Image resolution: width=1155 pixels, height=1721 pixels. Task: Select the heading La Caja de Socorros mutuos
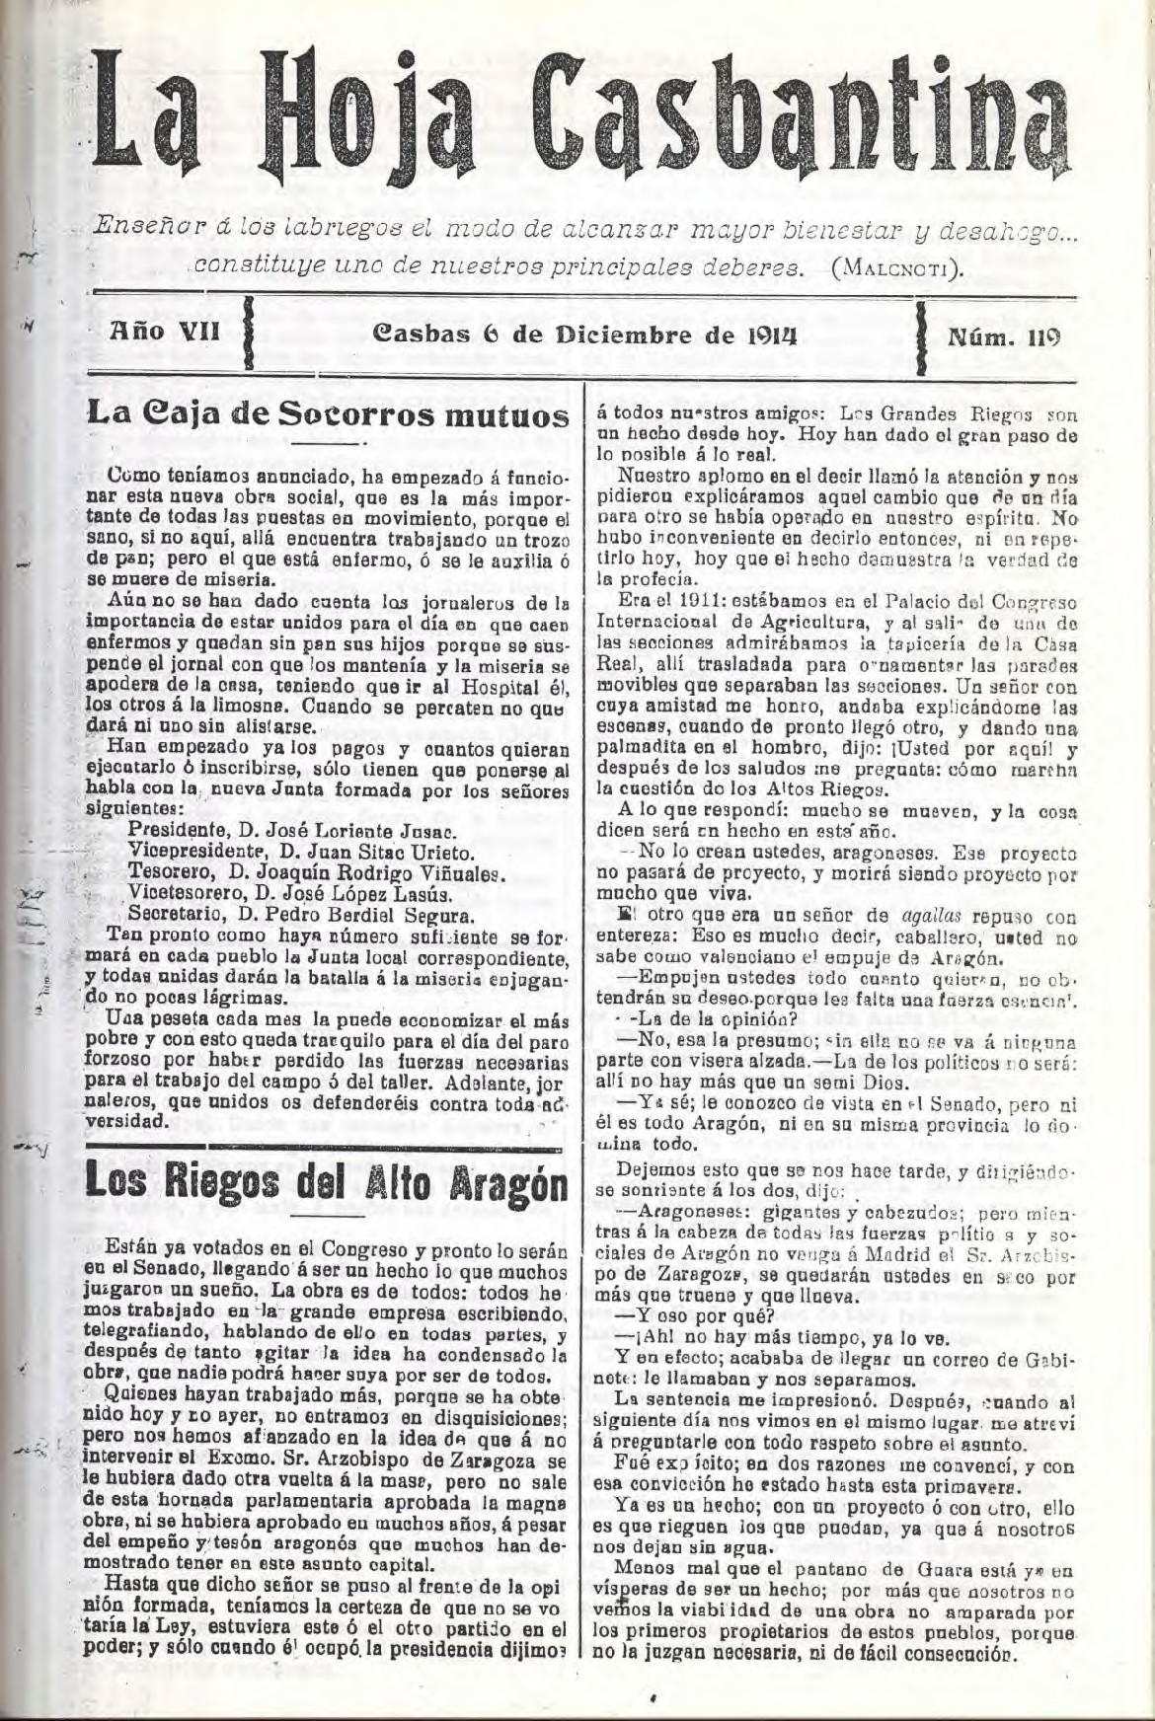click(329, 412)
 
